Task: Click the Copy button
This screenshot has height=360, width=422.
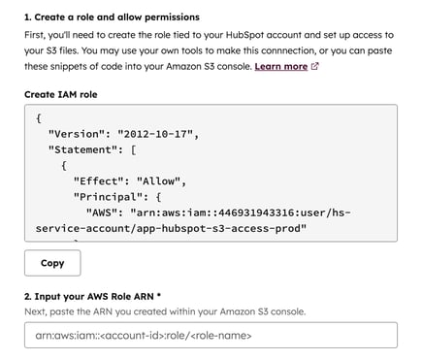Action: (52, 262)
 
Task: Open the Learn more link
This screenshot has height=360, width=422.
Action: (280, 67)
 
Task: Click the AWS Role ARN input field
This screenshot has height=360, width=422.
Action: (211, 336)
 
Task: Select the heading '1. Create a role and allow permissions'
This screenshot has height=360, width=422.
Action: (112, 17)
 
